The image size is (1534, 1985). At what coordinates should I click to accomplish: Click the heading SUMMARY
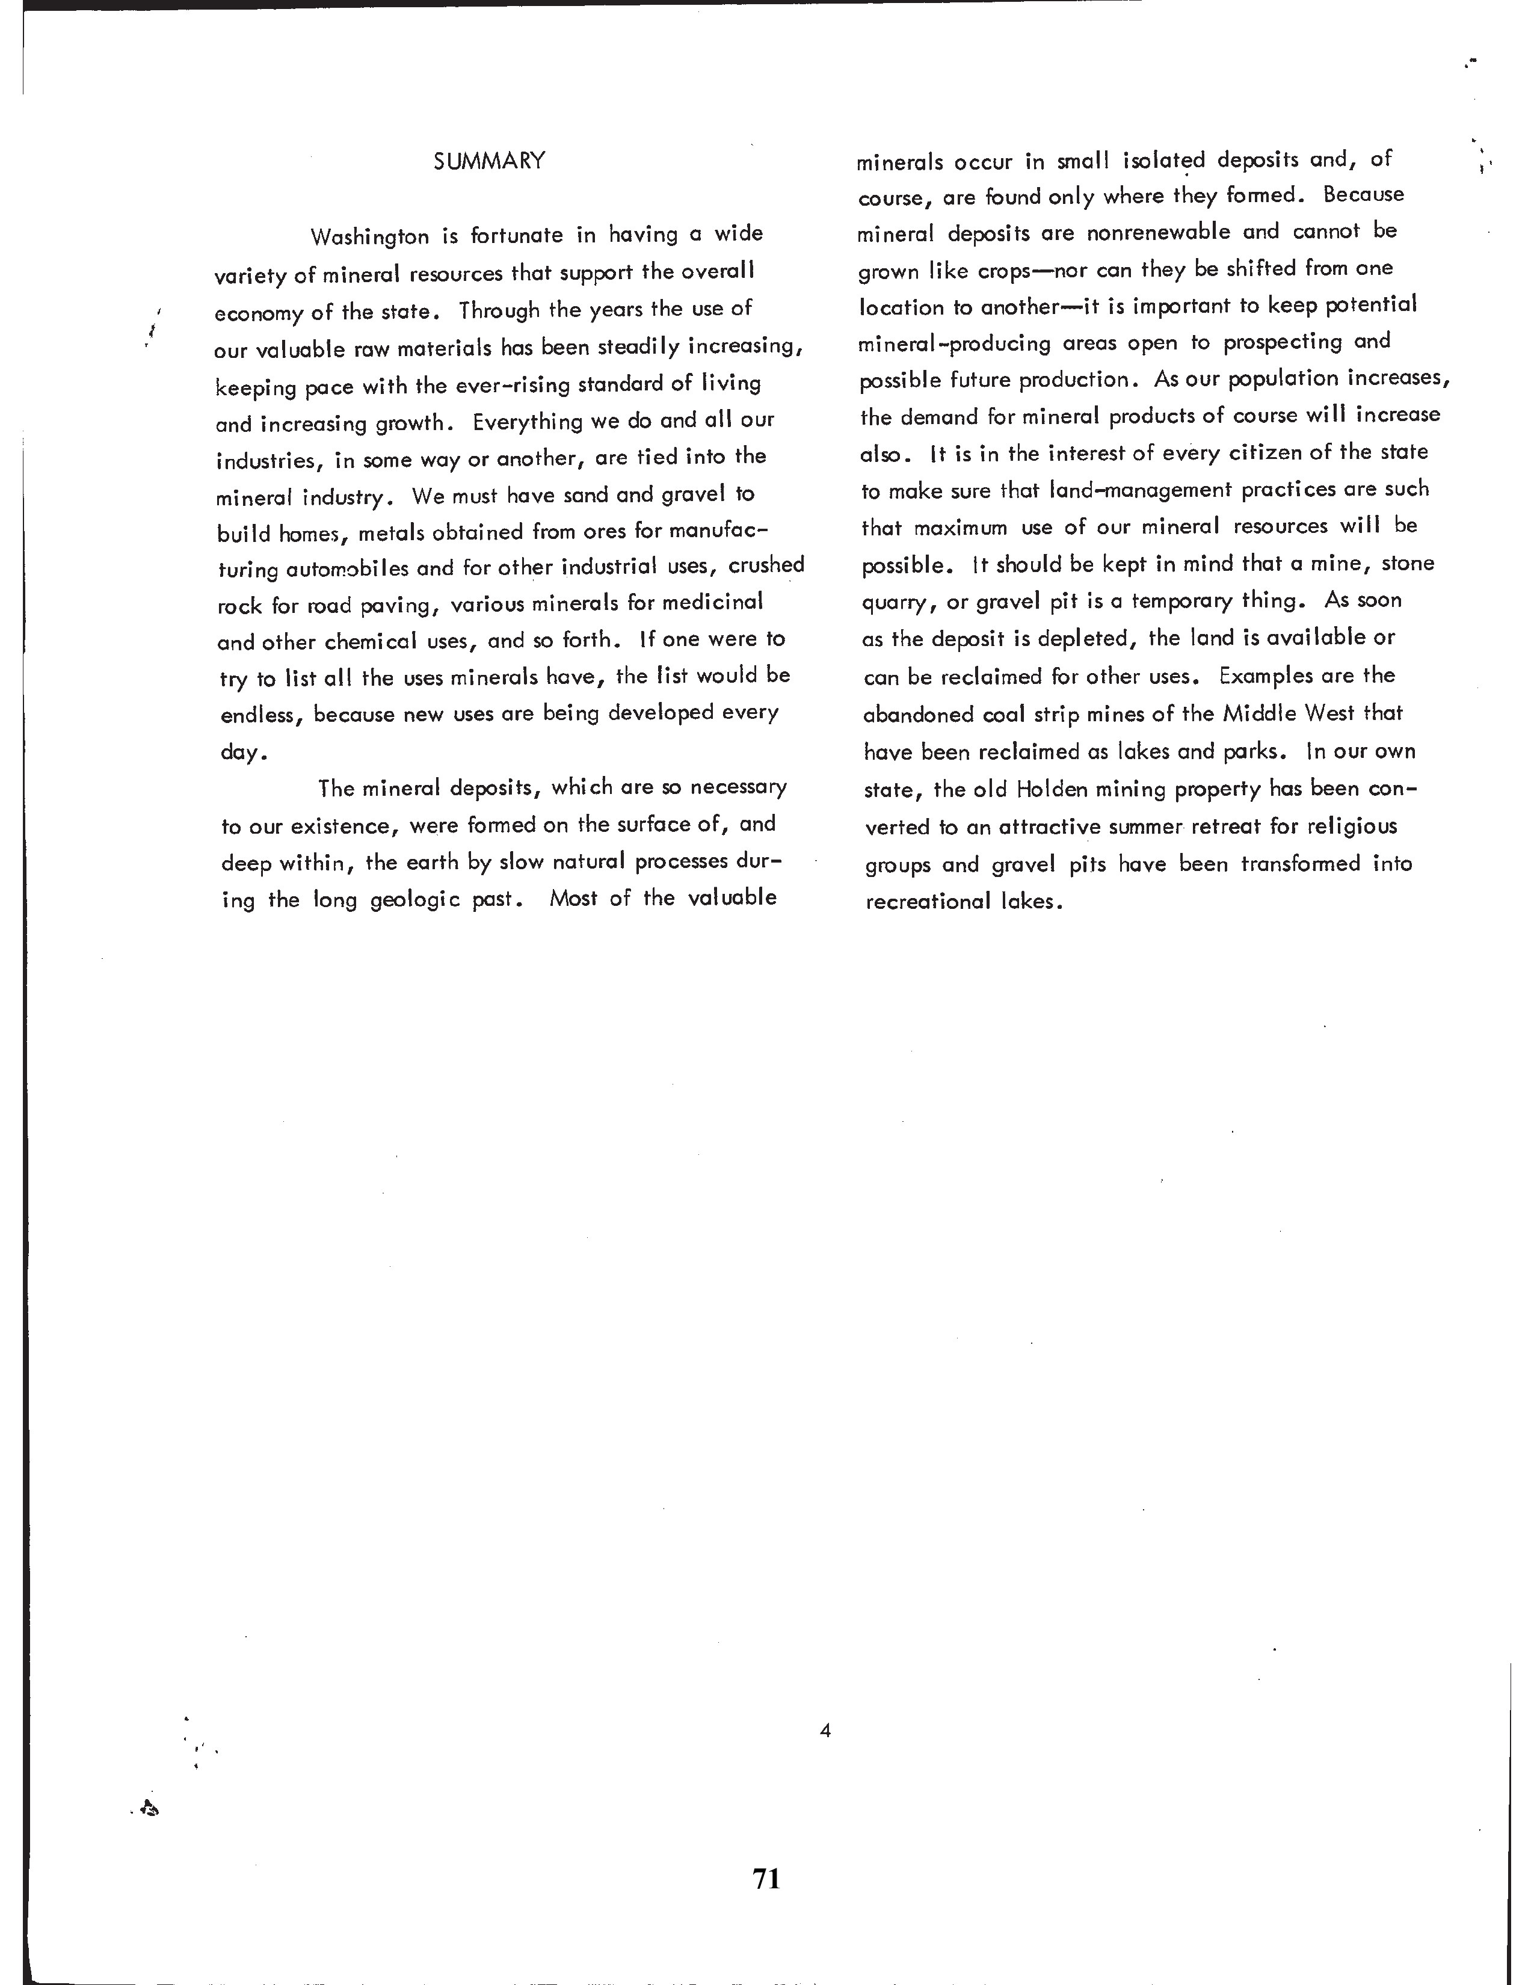tap(489, 162)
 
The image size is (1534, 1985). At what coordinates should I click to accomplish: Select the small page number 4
tap(825, 1731)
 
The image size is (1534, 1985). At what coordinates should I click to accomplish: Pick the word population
tap(1296, 379)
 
